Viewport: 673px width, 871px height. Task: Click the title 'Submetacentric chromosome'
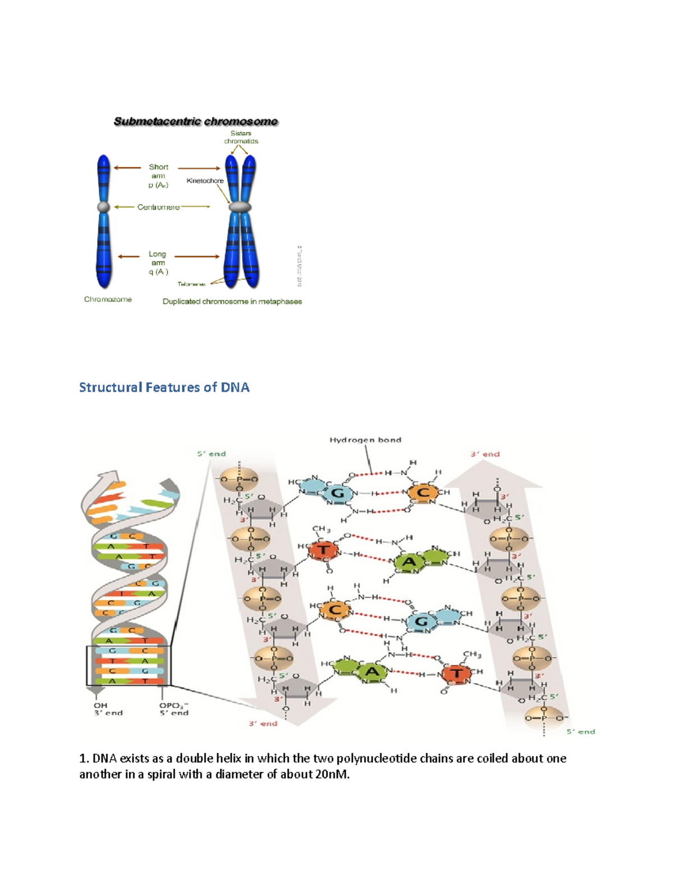point(196,122)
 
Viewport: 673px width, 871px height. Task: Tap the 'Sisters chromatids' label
point(241,137)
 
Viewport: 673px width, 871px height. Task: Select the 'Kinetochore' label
point(205,181)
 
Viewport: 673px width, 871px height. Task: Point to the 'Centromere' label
point(159,207)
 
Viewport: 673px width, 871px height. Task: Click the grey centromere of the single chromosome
point(104,207)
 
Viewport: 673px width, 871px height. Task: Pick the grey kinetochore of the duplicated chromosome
point(240,207)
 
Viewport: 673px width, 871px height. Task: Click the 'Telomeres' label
point(192,284)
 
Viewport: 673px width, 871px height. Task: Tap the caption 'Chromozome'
point(108,299)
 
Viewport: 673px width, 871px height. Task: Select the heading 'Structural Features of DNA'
point(164,388)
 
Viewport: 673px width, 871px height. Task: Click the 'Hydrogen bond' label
point(365,440)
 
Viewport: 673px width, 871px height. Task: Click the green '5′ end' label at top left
point(211,454)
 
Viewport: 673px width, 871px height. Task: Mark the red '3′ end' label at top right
point(485,454)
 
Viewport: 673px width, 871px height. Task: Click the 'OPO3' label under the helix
point(174,706)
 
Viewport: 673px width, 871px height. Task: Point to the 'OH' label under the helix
point(100,706)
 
